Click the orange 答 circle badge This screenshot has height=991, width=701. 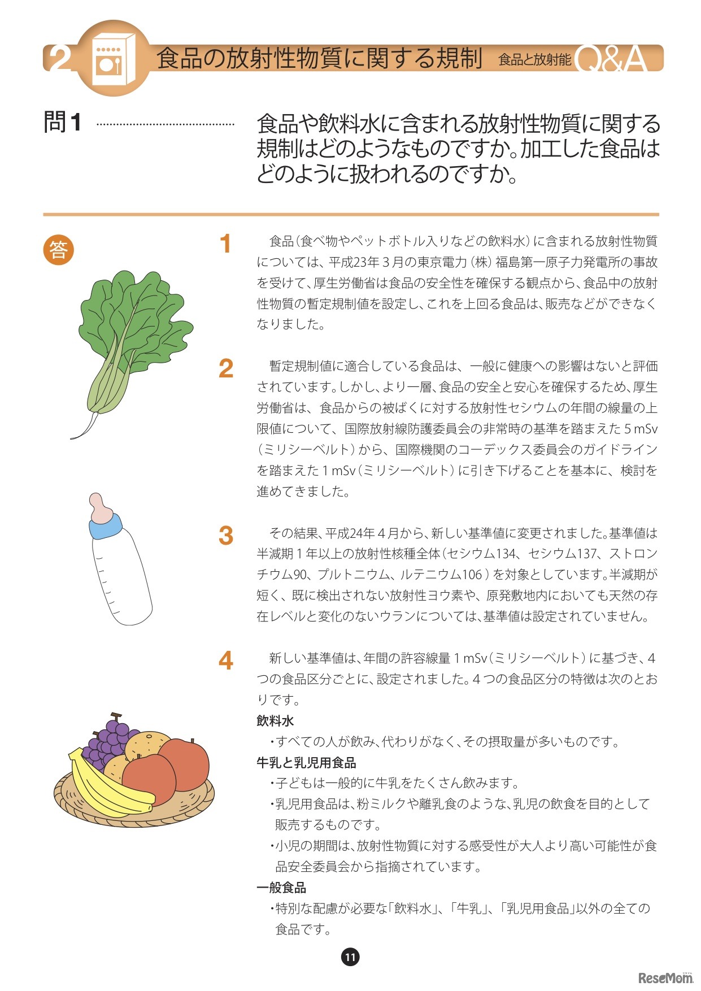59,249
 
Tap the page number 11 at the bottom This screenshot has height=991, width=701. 350,957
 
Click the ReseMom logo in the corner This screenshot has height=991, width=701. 665,977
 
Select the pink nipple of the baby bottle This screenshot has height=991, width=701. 101,507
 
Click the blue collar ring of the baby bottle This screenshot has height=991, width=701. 106,527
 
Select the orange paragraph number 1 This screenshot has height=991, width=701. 226,244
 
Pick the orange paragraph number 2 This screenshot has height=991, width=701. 226,369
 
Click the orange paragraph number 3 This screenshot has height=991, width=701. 226,536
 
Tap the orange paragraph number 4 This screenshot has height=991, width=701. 226,660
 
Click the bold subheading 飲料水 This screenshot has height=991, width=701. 275,721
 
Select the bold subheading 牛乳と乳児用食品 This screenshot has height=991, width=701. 306,763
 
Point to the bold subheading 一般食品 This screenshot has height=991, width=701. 281,888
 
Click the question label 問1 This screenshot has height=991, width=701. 63,123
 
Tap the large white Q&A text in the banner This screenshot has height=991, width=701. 611,59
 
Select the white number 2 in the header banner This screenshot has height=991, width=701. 59,58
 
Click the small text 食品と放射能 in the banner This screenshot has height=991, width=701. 534,59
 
